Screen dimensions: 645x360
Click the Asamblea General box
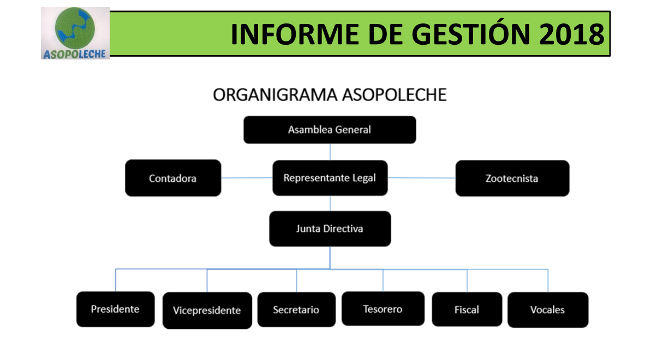[x=330, y=130]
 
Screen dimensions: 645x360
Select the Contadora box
[x=173, y=178]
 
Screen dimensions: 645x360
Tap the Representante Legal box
[x=330, y=178]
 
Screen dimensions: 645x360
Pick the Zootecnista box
[x=512, y=178]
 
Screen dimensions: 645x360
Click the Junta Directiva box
[x=330, y=229]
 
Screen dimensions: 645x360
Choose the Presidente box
[x=116, y=309]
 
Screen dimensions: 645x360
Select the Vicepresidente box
[x=207, y=310]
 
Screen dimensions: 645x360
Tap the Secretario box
[x=297, y=309]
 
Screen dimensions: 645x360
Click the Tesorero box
[x=383, y=309]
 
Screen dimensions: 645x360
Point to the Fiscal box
[x=467, y=309]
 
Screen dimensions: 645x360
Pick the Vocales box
[x=548, y=310]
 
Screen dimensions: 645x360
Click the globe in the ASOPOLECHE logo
[x=75, y=28]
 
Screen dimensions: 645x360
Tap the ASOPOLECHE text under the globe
[x=75, y=54]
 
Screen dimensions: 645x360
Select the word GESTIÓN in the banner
[x=470, y=34]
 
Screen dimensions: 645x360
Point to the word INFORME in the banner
[x=294, y=34]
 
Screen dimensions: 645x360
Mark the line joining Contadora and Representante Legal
[x=247, y=178]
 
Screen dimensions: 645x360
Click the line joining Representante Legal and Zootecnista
[x=422, y=178]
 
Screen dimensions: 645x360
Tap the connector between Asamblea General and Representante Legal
[x=330, y=152]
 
